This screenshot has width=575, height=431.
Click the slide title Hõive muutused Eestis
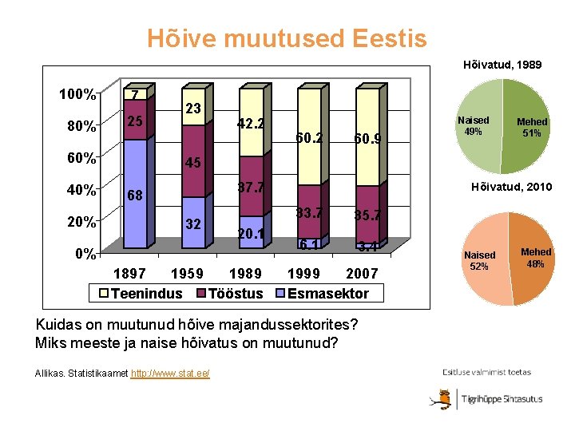(287, 38)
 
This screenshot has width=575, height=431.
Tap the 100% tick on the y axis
(77, 94)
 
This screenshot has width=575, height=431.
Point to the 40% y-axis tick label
(81, 190)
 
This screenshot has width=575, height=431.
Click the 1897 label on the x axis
(131, 274)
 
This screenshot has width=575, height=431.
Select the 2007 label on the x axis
(362, 274)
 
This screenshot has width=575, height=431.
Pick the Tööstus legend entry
(231, 294)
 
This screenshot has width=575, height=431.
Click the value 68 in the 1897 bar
(136, 195)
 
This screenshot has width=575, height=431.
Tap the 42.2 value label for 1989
(252, 125)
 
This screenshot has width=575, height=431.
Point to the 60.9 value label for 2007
(368, 140)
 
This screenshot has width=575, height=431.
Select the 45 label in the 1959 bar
(192, 163)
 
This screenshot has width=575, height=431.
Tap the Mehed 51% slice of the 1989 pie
(529, 128)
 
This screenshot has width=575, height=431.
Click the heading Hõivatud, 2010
(511, 187)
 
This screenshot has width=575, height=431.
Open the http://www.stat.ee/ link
(170, 373)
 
